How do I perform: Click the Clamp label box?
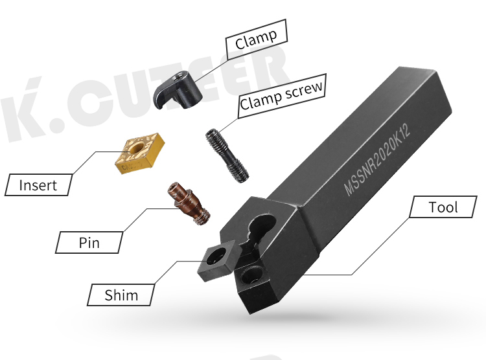click(x=257, y=39)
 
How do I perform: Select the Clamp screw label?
click(x=281, y=96)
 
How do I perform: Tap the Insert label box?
click(x=38, y=185)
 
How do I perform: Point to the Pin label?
click(x=89, y=242)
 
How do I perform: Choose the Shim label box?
click(x=121, y=295)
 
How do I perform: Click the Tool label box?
click(x=443, y=207)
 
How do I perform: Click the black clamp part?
click(x=178, y=90)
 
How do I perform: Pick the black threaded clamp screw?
click(x=227, y=155)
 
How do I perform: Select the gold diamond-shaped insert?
click(x=139, y=153)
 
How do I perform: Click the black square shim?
click(x=217, y=260)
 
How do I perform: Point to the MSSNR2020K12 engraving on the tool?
click(x=377, y=159)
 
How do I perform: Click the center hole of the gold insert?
click(x=136, y=148)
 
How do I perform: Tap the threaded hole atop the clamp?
click(x=180, y=76)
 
